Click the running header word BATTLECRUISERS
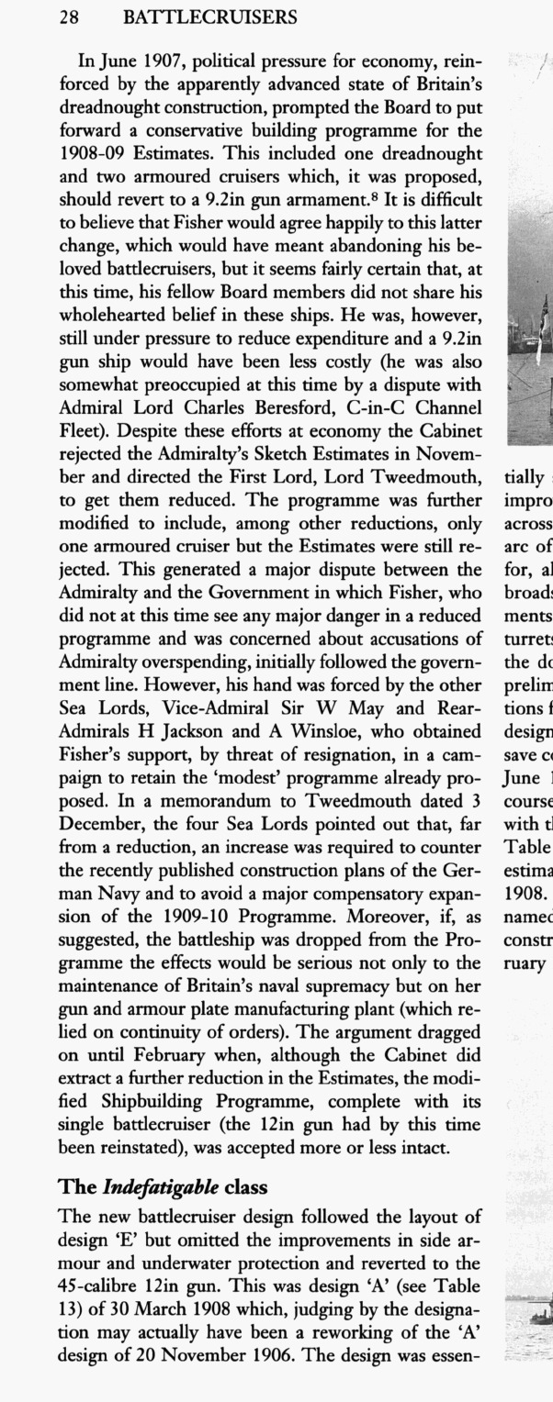(x=209, y=17)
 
